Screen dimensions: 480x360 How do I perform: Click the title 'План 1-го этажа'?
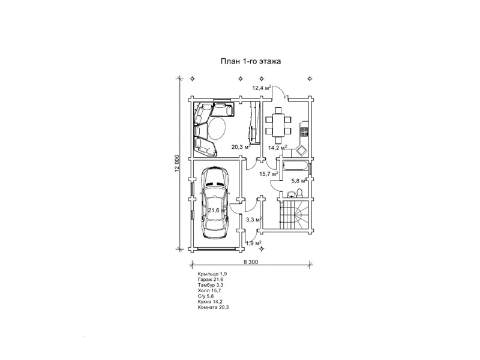[251, 61]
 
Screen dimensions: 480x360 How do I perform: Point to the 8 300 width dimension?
[251, 262]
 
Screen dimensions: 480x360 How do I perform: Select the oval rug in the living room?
[218, 128]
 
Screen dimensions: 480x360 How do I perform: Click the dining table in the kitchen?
[278, 125]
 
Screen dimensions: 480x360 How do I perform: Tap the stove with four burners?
[304, 131]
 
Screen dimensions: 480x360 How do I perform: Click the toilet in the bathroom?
[299, 193]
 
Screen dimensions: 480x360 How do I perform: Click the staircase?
[295, 214]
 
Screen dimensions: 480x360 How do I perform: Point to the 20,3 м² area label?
[241, 146]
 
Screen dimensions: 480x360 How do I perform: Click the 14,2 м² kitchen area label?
[278, 148]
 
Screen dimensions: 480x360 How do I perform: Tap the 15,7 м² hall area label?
[269, 174]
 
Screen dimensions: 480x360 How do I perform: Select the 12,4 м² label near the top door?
[262, 88]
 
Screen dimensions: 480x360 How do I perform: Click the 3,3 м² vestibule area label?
[253, 220]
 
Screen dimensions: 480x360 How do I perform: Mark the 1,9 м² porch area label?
[254, 244]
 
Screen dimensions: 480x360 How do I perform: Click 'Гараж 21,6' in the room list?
[211, 280]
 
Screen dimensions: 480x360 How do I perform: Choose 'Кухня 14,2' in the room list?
[211, 302]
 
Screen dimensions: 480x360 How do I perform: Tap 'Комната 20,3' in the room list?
[213, 307]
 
